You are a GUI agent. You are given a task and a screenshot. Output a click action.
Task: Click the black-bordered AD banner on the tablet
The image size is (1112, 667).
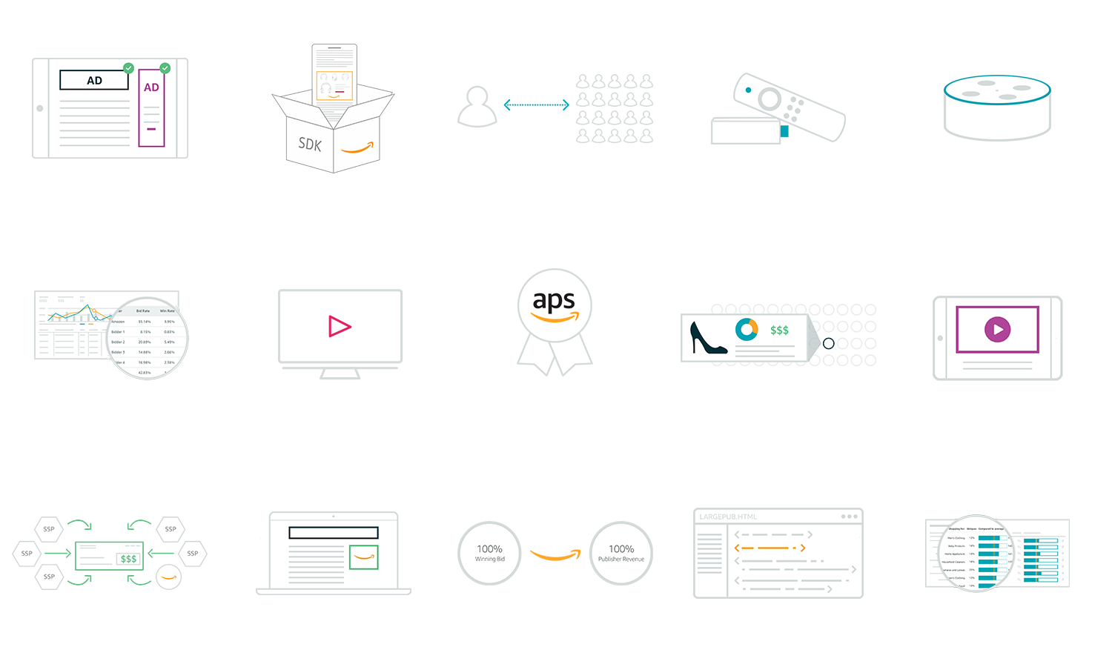94,80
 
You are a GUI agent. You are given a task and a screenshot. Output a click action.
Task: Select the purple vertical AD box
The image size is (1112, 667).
151,111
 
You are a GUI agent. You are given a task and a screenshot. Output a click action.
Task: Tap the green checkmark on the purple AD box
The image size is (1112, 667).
165,68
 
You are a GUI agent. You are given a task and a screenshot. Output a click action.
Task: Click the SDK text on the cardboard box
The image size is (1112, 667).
310,144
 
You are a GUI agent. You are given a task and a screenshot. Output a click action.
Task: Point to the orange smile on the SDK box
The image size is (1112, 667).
357,148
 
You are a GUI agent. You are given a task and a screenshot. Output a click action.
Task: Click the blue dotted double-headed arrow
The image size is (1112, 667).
536,105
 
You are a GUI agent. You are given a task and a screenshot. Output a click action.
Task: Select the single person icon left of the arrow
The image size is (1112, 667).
477,107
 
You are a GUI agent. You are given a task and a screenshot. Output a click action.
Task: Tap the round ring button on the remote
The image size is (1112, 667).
769,99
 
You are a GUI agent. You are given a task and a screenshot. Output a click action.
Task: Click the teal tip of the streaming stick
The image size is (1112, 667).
784,131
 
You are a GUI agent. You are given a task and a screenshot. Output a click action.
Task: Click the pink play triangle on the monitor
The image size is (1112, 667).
339,326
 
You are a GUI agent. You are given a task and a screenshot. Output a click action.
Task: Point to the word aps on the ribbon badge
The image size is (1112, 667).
554,301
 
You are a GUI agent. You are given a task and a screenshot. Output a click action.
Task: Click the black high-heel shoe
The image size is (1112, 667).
707,338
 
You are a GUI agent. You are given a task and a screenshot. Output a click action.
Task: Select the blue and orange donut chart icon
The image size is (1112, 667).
747,329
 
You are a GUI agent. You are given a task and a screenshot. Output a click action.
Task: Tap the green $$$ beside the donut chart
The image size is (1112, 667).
779,330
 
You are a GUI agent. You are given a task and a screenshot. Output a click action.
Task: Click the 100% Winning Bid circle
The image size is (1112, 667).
489,553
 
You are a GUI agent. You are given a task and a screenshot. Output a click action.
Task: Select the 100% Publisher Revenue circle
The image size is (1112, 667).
621,553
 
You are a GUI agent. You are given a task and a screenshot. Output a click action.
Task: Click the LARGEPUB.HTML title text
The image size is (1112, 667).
728,517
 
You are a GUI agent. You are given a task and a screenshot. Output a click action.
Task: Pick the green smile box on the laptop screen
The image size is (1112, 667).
363,557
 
